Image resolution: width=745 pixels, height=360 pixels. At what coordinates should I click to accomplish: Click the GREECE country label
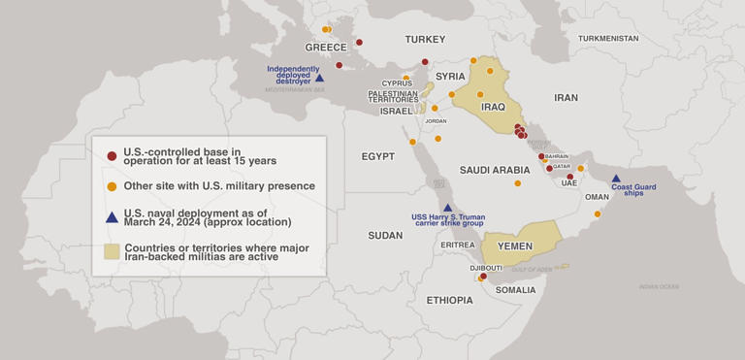pyautogui.click(x=326, y=48)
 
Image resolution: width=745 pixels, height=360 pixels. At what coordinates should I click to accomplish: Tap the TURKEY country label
pyautogui.click(x=425, y=40)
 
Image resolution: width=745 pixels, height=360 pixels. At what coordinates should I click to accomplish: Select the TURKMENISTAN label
pyautogui.click(x=608, y=38)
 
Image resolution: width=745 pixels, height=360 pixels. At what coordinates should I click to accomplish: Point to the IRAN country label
pyautogui.click(x=566, y=98)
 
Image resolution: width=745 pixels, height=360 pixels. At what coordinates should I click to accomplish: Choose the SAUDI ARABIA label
pyautogui.click(x=495, y=170)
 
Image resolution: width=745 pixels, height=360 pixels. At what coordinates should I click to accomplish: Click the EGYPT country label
pyautogui.click(x=377, y=156)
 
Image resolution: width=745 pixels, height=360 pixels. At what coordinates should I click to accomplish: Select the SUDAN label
pyautogui.click(x=385, y=236)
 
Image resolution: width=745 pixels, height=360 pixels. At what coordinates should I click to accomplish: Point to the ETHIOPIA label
pyautogui.click(x=449, y=301)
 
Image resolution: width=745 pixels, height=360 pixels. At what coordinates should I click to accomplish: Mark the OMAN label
pyautogui.click(x=599, y=197)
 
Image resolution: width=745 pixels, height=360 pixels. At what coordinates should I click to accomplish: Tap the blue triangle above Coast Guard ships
pyautogui.click(x=616, y=179)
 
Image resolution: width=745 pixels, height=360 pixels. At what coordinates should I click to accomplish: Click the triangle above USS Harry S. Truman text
pyautogui.click(x=447, y=207)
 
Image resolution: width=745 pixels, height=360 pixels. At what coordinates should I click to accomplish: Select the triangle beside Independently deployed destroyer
pyautogui.click(x=319, y=77)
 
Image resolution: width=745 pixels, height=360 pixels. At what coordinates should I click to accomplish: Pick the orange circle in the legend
pyautogui.click(x=112, y=185)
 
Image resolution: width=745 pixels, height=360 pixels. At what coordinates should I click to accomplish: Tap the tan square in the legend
pyautogui.click(x=112, y=251)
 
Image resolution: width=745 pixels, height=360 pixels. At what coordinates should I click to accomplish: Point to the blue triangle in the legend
pyautogui.click(x=112, y=217)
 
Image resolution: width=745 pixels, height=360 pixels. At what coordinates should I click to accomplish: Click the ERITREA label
pyautogui.click(x=457, y=245)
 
